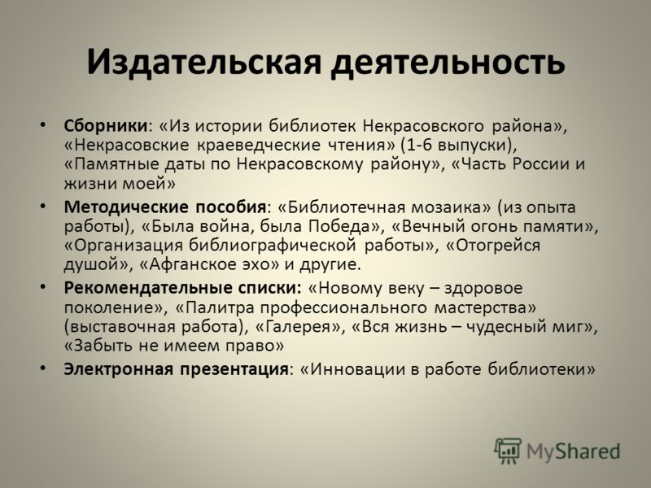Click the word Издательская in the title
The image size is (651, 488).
(204, 63)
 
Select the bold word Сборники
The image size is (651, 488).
(106, 125)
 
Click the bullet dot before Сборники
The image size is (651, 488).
(43, 125)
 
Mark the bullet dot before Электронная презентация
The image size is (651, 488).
(43, 368)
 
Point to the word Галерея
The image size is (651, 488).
(297, 327)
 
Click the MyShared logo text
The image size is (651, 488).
(573, 451)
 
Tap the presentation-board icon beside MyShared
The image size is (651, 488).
(508, 450)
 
